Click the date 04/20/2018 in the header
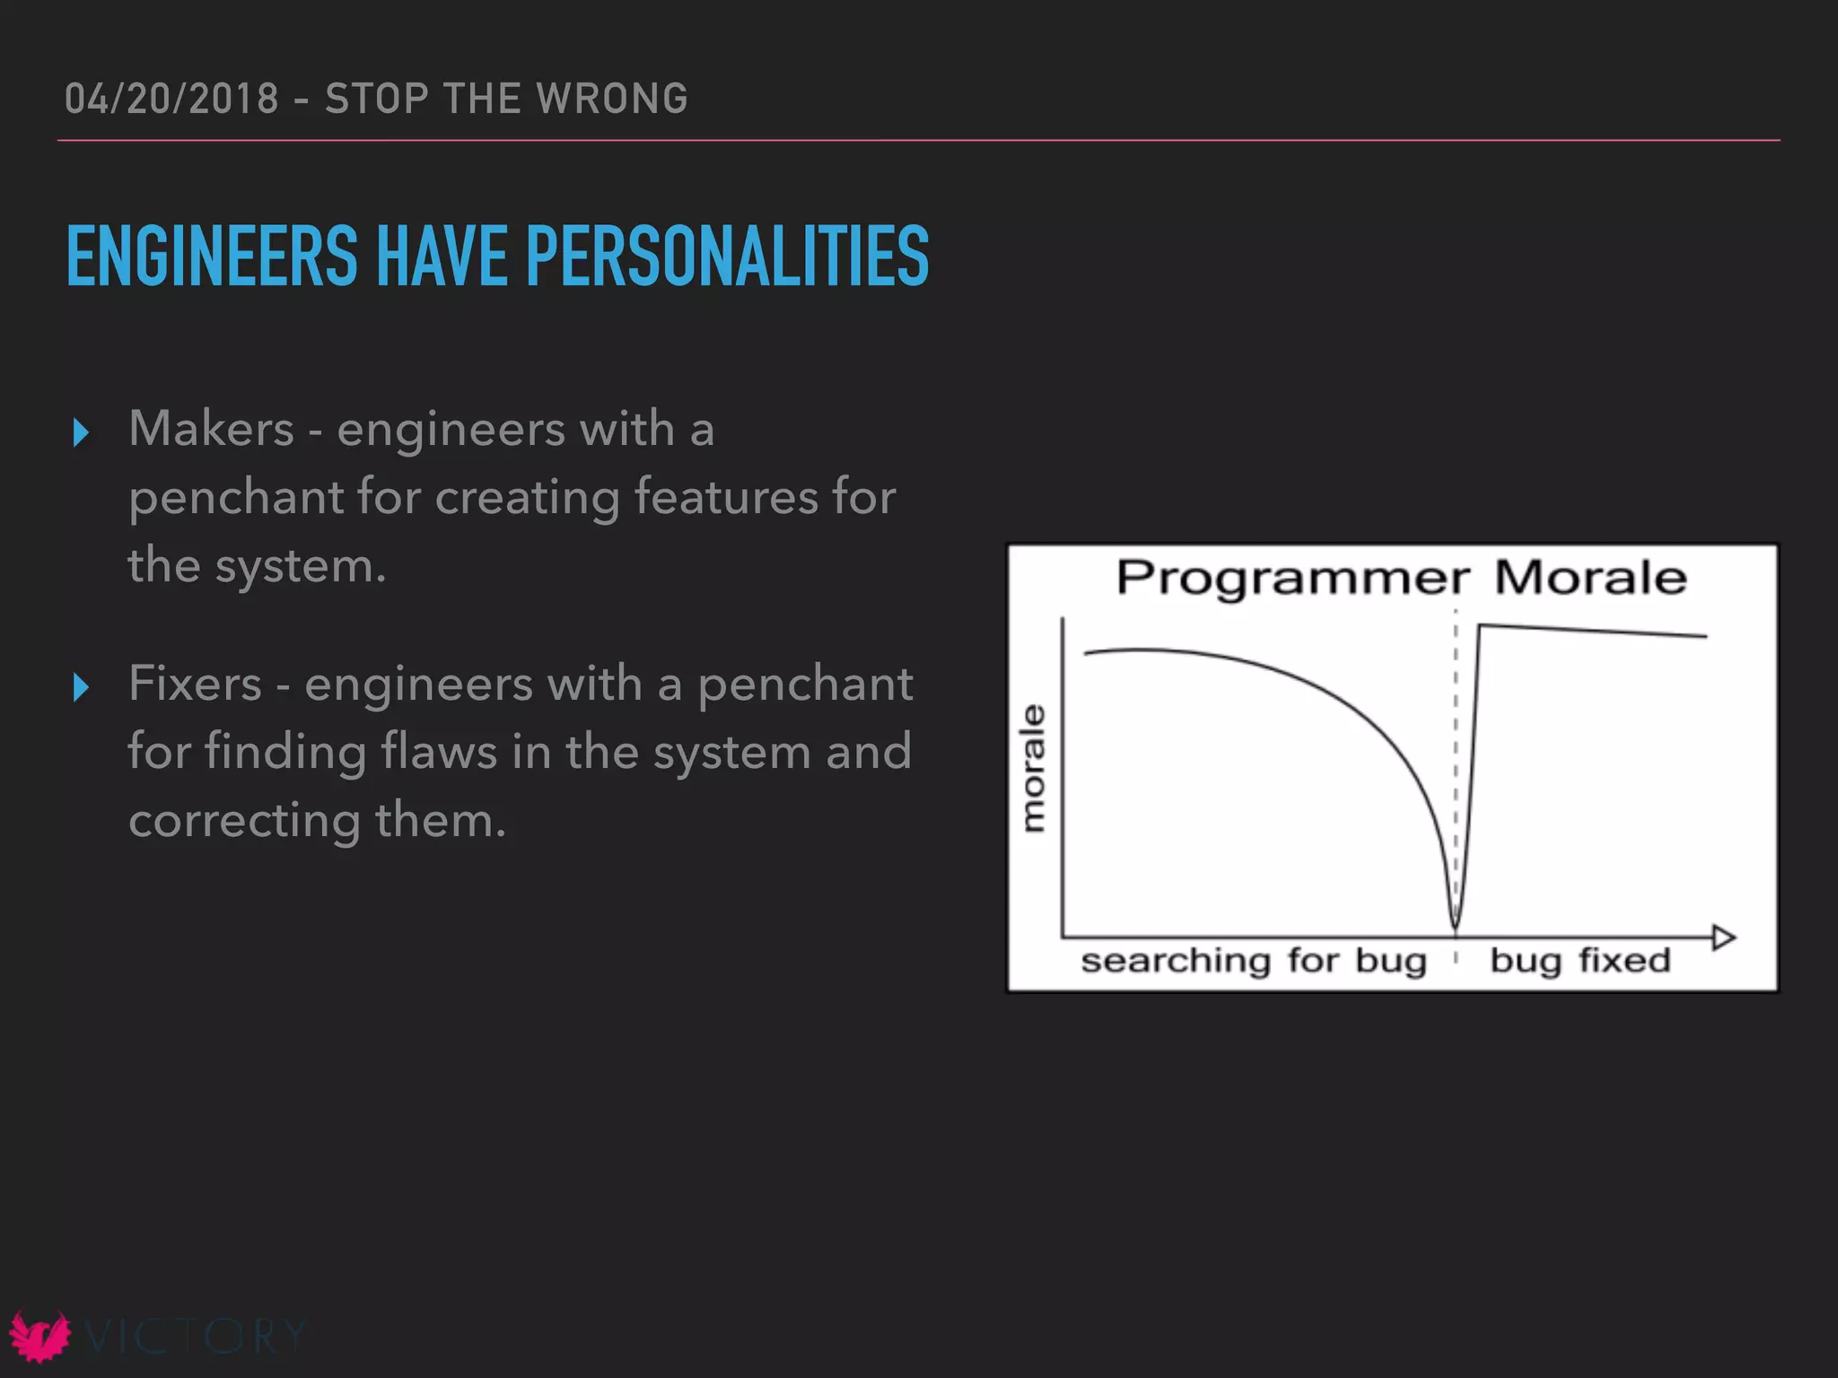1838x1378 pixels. click(171, 99)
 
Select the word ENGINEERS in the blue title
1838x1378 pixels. click(212, 257)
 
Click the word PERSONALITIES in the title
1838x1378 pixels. click(727, 257)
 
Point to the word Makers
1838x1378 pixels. click(211, 428)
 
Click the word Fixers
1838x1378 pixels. click(195, 684)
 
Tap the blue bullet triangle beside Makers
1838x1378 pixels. click(81, 432)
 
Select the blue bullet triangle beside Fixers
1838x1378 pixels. click(81, 687)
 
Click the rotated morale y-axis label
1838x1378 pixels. click(1034, 768)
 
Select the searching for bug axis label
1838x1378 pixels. click(1253, 961)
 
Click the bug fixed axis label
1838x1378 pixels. click(1580, 961)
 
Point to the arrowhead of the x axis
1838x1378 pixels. click(1724, 938)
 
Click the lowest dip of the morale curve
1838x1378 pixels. click(1456, 924)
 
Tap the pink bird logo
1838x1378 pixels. click(39, 1336)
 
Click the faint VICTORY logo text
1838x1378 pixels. click(196, 1336)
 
